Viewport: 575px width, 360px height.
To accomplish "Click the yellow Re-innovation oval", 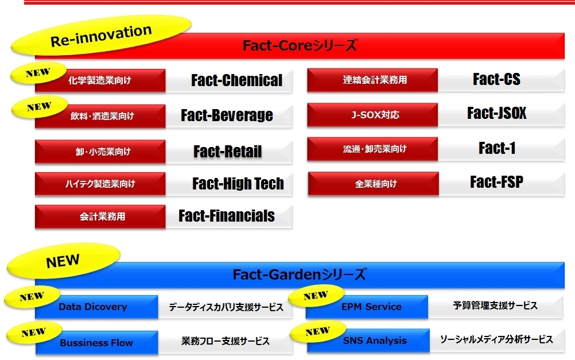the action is click(x=101, y=35).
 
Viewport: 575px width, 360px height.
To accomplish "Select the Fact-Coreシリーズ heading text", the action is click(x=300, y=45).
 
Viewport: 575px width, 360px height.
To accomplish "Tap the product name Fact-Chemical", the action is click(x=236, y=80).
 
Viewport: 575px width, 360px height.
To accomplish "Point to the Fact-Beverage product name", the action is click(x=227, y=115).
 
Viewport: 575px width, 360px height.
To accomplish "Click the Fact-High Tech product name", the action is click(x=238, y=184).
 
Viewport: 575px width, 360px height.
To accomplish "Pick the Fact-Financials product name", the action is click(x=227, y=216).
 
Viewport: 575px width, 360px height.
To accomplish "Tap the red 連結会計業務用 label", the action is click(x=372, y=80).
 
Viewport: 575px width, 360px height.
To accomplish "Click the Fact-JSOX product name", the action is click(x=496, y=113).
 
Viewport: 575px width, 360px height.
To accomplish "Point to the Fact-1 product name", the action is click(x=497, y=148).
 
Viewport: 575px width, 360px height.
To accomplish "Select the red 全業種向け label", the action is click(x=374, y=184).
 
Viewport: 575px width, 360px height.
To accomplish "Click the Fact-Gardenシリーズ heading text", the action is click(x=299, y=274).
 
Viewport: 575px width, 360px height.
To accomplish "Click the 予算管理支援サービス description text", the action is click(x=495, y=305).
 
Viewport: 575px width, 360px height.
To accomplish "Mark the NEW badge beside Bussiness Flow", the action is click(x=34, y=332).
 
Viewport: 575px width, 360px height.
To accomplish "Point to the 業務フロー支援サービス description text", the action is click(x=225, y=341).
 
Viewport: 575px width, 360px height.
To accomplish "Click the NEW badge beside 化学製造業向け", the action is click(x=38, y=73).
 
